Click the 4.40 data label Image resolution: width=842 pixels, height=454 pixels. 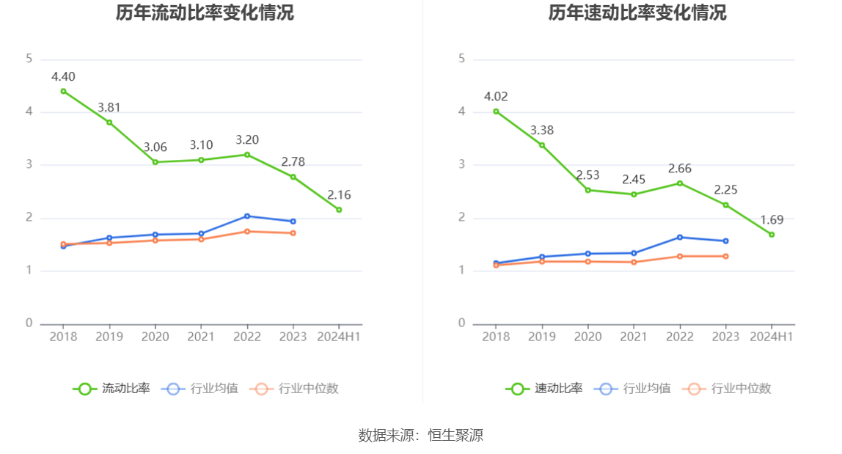click(x=63, y=76)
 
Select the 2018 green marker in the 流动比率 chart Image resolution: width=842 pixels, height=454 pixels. click(x=63, y=91)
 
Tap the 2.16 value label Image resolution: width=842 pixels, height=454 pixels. click(x=339, y=195)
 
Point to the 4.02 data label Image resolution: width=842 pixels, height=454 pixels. click(x=496, y=96)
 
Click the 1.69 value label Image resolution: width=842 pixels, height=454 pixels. click(x=772, y=219)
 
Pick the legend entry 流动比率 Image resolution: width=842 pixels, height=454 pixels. click(x=111, y=389)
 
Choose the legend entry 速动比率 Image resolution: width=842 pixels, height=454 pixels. click(x=544, y=389)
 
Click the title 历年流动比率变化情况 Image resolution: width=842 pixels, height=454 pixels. click(x=205, y=13)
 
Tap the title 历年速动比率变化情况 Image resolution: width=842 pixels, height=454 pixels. click(x=637, y=13)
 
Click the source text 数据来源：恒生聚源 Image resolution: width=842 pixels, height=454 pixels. click(x=421, y=435)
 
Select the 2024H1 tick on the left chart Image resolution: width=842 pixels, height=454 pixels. click(x=338, y=337)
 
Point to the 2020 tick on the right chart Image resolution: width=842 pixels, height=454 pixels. click(x=588, y=337)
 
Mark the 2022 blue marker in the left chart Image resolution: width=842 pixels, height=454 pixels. click(x=247, y=216)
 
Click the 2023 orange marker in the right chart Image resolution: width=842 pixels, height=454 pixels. click(x=726, y=256)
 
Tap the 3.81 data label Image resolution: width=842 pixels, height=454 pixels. click(x=109, y=108)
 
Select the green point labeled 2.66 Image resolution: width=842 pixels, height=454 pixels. click(x=680, y=183)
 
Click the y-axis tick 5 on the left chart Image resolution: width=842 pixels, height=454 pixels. click(x=29, y=59)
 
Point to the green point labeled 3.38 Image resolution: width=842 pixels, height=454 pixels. click(x=542, y=145)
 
